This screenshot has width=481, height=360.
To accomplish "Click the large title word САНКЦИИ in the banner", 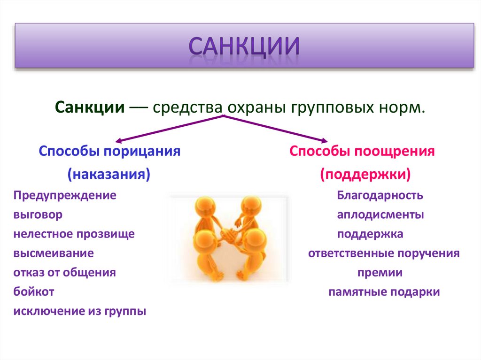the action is [244, 46].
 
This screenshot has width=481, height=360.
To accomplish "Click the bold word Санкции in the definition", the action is [90, 107].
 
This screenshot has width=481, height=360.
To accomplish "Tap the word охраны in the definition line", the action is [256, 108].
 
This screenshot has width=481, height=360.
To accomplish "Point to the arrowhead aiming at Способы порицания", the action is [118, 141].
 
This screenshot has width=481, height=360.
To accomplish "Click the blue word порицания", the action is [142, 152].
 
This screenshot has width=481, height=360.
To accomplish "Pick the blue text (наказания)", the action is [109, 174].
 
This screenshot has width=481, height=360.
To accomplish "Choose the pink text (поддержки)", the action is [365, 174].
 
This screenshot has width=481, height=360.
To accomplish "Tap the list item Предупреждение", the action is [65, 196].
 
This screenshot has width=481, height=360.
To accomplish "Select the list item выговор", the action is [38, 214].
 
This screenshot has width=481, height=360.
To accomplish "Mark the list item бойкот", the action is [34, 291].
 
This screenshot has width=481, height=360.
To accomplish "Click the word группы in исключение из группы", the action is [125, 312].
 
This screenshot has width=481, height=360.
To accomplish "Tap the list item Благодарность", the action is [380, 195].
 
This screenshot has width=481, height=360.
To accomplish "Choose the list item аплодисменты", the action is [380, 215].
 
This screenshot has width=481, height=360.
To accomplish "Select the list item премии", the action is [380, 273].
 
